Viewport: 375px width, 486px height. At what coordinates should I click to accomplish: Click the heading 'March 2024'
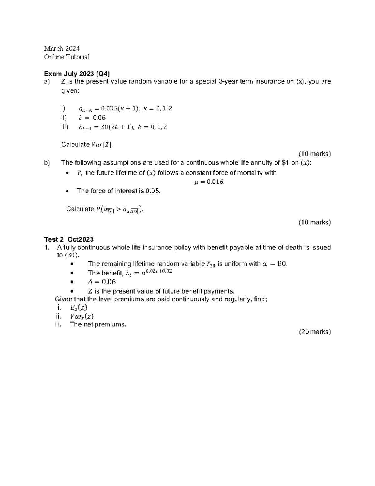coord(62,48)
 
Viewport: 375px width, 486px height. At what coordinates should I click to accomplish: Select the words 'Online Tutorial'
coord(67,57)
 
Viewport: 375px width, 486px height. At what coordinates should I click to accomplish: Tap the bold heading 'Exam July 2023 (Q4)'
coord(77,74)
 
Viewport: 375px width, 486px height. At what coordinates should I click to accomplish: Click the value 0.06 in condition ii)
coord(99,118)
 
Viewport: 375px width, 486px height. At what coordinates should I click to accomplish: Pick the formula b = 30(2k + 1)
coord(122,127)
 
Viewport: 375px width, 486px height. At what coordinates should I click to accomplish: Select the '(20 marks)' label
coord(314,332)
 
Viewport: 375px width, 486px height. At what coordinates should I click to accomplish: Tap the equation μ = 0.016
coord(209,182)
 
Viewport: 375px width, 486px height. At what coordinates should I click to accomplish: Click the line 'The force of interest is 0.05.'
coord(119,191)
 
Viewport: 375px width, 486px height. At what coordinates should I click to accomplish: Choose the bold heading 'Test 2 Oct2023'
coord(69,239)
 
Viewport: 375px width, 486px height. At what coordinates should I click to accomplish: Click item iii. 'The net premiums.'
coord(98,325)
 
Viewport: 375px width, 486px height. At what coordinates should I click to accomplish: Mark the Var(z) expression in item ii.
coord(82,316)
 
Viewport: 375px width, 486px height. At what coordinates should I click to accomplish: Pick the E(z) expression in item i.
coord(78,307)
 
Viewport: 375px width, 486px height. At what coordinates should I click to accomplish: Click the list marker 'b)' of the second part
coord(47,162)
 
